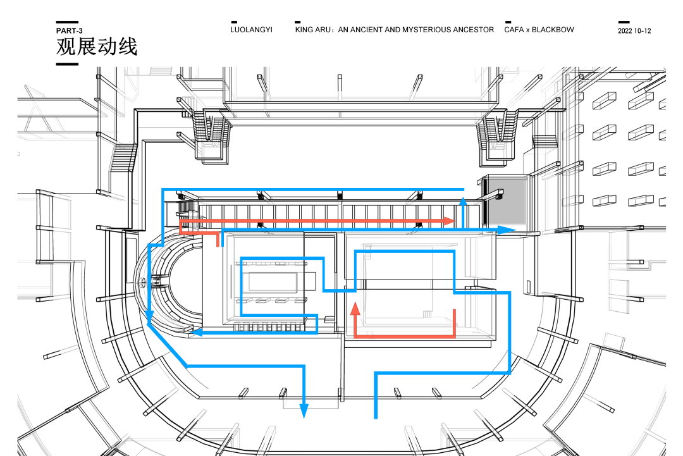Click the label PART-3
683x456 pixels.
(x=69, y=30)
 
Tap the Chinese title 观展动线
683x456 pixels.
(x=97, y=47)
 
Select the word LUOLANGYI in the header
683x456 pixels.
(x=251, y=30)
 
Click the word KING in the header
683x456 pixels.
(x=305, y=30)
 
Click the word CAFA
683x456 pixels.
(x=514, y=30)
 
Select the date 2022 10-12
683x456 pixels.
(x=634, y=31)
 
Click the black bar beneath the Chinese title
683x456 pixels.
(x=67, y=64)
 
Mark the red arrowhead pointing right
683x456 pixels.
(x=450, y=221)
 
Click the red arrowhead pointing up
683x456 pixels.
(x=355, y=308)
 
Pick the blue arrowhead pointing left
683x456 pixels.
(x=195, y=331)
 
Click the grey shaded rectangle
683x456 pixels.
(x=506, y=200)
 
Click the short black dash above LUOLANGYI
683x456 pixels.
(x=234, y=22)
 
